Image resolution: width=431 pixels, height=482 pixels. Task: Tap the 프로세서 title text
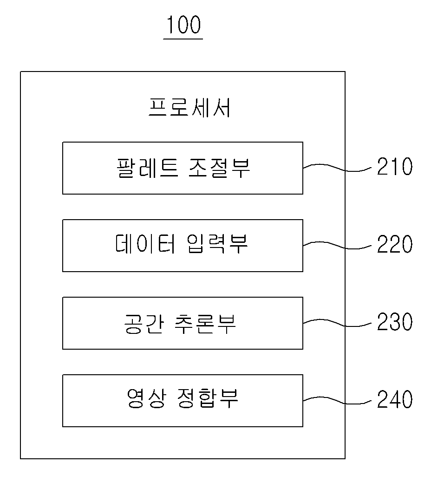point(189,108)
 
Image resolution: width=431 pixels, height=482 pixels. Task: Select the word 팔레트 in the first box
point(147,168)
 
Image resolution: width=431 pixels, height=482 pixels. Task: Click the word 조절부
point(219,168)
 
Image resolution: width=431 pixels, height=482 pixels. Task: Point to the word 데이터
point(146,244)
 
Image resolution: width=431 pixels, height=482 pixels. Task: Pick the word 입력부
point(217,244)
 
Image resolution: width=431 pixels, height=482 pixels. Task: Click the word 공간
point(144,324)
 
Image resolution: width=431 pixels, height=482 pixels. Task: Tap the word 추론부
point(205,324)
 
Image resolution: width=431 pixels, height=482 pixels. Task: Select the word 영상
point(146,398)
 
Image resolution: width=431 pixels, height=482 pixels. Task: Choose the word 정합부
point(208,398)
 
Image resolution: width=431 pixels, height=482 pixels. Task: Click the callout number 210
point(395,166)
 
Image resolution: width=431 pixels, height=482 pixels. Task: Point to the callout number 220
point(395,244)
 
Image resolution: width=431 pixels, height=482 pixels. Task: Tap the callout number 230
point(395,321)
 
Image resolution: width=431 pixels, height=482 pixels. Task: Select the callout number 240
point(395,399)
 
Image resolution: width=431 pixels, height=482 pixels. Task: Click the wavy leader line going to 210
point(337,168)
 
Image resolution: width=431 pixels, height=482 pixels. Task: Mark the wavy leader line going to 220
point(337,245)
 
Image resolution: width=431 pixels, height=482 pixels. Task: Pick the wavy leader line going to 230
point(337,323)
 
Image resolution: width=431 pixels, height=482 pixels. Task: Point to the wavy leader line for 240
point(337,400)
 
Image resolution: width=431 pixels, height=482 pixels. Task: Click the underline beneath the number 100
point(183,39)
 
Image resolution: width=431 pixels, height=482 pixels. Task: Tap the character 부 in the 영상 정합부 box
point(229,398)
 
